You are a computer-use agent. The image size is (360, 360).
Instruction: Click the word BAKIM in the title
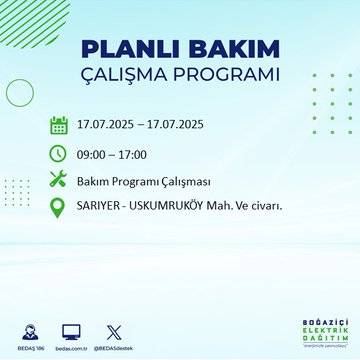[x=224, y=50]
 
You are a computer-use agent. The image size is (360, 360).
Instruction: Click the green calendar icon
[x=58, y=125]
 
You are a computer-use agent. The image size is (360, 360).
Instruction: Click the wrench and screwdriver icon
[x=58, y=181]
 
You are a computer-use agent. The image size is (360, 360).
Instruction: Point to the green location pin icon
[x=58, y=208]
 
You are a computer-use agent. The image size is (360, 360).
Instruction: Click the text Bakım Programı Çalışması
[x=141, y=181]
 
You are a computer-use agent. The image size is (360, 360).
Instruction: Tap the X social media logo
[x=112, y=330]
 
